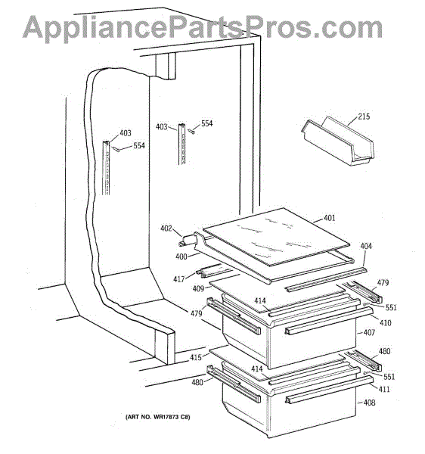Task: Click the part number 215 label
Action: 364,117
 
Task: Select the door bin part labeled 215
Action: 337,141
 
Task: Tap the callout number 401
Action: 330,218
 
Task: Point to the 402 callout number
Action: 166,229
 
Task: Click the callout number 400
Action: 181,257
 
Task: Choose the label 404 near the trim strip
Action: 366,246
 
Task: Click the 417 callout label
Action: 179,279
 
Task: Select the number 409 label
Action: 198,289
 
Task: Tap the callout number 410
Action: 385,322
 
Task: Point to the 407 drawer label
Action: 369,332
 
